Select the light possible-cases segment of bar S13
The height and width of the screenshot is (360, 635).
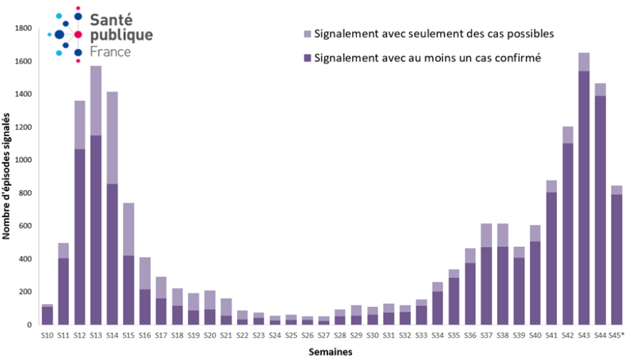pos(96,100)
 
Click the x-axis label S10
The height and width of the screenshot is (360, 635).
pos(47,336)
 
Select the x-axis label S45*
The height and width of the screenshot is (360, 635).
pos(617,336)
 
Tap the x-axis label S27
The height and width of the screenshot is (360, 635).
pos(324,336)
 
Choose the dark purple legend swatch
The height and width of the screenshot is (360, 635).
pos(308,58)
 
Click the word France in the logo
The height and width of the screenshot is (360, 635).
pos(110,51)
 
